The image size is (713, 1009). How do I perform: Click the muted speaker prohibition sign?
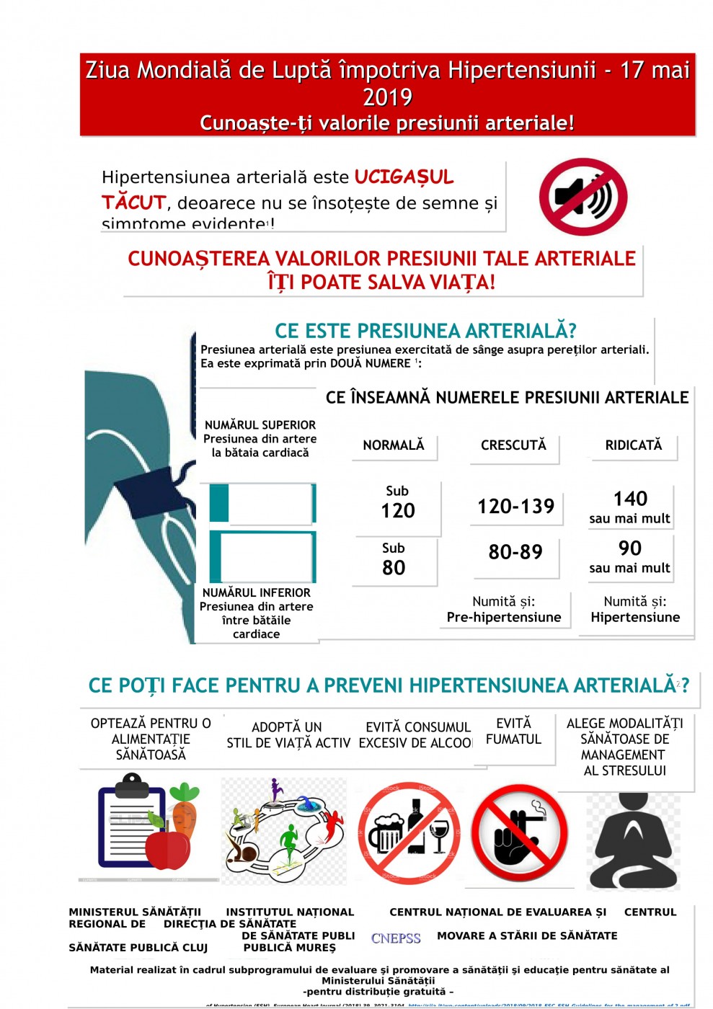coord(583,197)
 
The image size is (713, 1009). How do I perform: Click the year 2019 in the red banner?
coord(387,97)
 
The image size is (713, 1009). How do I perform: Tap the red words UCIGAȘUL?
coord(404,177)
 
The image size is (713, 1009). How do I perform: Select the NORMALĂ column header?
coord(394,445)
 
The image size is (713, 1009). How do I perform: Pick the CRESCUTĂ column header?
coord(513,445)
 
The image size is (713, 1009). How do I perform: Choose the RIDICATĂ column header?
coord(633,445)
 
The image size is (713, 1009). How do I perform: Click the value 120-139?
coord(515,507)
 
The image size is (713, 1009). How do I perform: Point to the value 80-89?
coord(515,552)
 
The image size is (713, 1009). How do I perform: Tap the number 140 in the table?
coord(630,499)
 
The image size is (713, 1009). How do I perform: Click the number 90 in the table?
coord(630,548)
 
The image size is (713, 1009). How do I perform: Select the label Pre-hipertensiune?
coord(504,617)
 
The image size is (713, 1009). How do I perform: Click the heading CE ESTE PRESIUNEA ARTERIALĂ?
coord(425,331)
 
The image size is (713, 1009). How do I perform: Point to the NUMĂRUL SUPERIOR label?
coord(260,425)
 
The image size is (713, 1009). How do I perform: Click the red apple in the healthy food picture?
coord(168,849)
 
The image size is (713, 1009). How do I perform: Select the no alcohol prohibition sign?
coord(409,833)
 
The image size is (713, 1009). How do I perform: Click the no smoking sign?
coord(519,833)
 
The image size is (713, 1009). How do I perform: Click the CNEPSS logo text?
coord(396,938)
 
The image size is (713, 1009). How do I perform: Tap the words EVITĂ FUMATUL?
coord(513,731)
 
